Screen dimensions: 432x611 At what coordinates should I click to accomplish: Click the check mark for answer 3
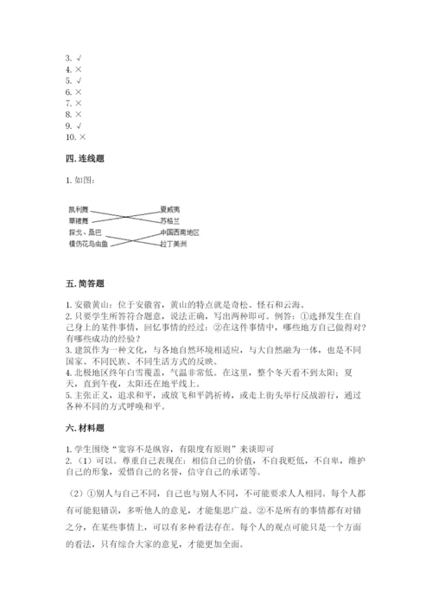coord(79,58)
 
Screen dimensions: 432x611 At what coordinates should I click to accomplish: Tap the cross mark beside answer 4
coord(79,69)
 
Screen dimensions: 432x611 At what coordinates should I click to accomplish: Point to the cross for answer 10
coord(83,137)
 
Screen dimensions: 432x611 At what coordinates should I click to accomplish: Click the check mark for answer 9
coord(79,125)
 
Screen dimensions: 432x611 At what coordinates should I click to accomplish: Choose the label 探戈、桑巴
coord(85,232)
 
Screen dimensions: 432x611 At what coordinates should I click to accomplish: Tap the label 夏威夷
coord(169,209)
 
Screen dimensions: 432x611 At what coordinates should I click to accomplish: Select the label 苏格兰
coord(169,220)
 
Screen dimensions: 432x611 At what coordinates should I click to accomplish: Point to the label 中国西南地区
coord(179,232)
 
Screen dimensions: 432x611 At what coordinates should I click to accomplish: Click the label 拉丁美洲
coord(173,244)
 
